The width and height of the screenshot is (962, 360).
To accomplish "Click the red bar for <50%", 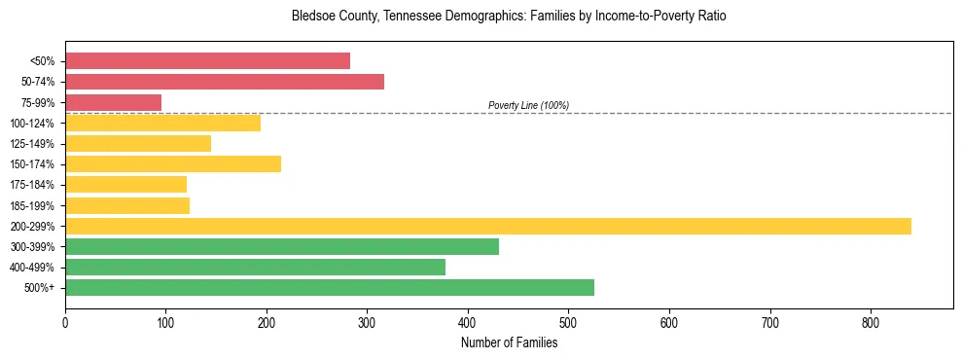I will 207,61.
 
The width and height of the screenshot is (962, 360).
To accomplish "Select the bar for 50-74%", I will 225,82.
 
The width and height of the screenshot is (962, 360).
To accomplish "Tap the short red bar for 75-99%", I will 113,102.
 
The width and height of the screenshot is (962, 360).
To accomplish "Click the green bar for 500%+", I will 330,288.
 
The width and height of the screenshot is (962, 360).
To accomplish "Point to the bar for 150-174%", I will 173,164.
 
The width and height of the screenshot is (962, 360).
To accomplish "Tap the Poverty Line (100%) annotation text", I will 528,105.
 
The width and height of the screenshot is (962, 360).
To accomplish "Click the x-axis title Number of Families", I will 509,342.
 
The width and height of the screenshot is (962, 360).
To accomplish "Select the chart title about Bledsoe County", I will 509,17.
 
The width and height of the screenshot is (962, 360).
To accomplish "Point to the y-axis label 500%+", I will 39,288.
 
